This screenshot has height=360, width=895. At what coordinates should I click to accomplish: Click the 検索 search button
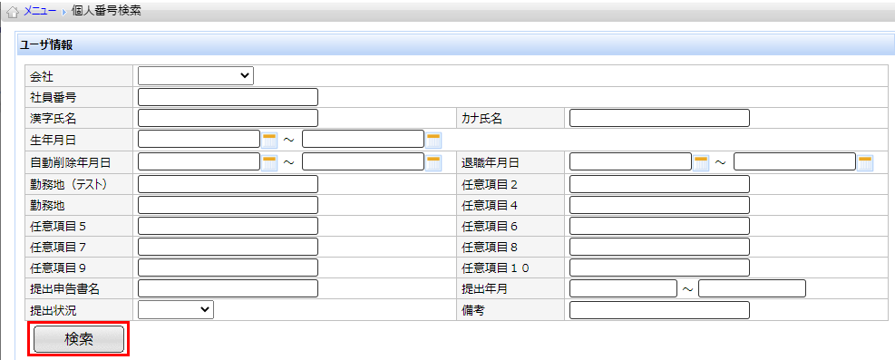79,339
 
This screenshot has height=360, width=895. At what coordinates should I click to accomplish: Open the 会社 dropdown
196,76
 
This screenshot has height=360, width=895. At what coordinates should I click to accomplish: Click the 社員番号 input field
228,97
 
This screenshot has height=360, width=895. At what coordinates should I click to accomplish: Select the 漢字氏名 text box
228,118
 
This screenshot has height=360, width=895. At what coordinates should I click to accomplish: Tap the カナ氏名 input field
659,118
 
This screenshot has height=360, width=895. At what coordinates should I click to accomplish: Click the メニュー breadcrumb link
40,12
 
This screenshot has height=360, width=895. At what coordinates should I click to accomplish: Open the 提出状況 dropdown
176,309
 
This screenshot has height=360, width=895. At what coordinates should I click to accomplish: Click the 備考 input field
659,310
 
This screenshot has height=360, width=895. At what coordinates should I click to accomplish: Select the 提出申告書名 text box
228,288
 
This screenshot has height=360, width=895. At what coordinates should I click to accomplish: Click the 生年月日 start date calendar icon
269,140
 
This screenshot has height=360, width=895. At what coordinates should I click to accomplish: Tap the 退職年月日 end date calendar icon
865,162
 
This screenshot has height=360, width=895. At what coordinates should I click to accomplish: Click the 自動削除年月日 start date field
199,162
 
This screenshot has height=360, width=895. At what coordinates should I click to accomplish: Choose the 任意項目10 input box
659,267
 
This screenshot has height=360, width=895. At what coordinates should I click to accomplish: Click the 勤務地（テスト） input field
228,184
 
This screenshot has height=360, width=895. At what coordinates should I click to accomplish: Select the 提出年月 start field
623,288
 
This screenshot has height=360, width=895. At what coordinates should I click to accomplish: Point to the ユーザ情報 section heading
46,45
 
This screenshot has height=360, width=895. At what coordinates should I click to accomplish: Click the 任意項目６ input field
659,226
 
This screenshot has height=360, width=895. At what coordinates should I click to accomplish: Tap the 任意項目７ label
58,247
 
